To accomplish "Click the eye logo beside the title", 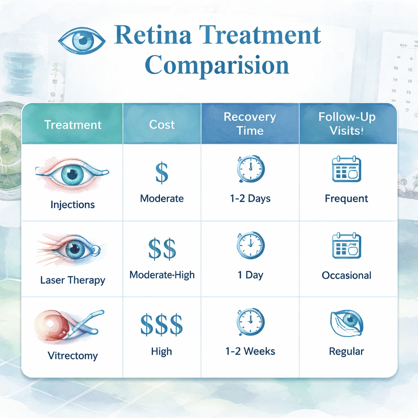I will [82, 40].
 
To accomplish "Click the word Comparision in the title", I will [217, 65].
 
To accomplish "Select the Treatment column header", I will [73, 125].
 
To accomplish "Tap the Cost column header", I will [162, 125].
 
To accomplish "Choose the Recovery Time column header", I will [250, 124].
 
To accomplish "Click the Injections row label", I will [73, 205].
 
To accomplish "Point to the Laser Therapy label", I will [73, 280].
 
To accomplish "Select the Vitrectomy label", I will [73, 355].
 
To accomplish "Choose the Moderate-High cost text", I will [162, 275].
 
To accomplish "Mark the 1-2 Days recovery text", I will [250, 199].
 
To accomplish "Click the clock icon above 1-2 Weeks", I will [250, 322].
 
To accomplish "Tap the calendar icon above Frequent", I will [347, 169].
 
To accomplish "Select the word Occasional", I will [347, 275].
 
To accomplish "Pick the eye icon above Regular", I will [346, 322].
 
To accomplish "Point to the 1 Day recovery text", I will [250, 275].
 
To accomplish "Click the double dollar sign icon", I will [162, 249].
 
